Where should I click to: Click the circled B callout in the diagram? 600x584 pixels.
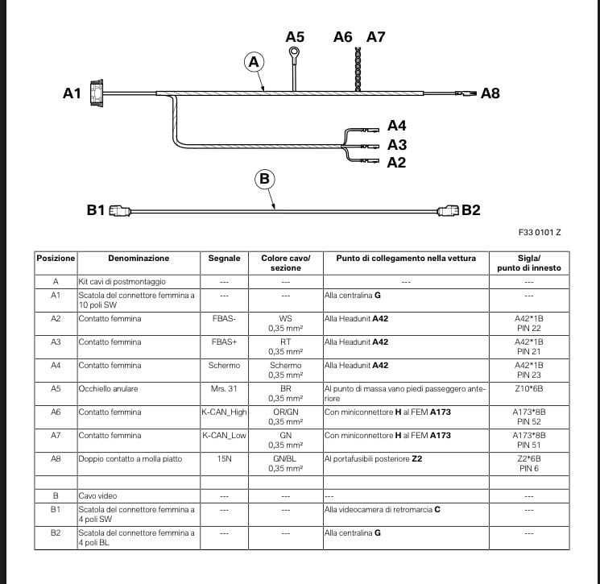[x=265, y=179]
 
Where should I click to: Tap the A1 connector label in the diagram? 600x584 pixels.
[x=72, y=93]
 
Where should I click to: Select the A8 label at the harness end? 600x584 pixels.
[x=490, y=93]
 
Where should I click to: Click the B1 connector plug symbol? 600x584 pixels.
[x=118, y=211]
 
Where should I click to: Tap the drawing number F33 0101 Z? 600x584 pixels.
[x=540, y=232]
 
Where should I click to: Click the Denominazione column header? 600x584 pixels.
[x=139, y=259]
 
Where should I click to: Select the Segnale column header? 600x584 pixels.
[x=224, y=259]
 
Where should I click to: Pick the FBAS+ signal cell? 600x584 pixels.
[x=224, y=342]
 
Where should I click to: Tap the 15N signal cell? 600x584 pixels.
[x=224, y=458]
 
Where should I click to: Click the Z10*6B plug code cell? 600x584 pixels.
[x=529, y=388]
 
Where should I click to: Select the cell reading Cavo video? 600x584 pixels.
[x=97, y=496]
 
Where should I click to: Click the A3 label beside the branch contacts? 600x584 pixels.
[x=396, y=145]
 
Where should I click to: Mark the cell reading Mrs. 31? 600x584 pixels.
[x=224, y=388]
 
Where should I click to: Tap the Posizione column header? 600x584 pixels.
[x=56, y=259]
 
